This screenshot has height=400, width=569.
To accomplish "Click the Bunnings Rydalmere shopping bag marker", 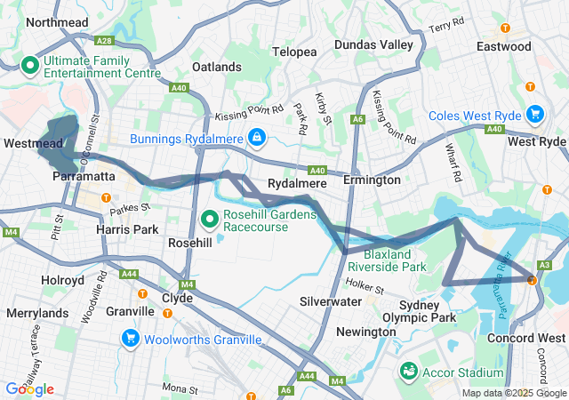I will point(256,137).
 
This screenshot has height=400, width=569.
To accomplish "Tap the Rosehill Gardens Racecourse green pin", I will point(210,218).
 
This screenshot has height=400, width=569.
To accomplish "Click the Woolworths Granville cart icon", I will point(130,340).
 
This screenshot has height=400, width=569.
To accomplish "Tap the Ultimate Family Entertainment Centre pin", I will point(28,65).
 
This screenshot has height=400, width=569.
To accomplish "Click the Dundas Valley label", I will point(373,44).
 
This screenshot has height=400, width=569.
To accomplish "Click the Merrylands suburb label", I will point(36,313).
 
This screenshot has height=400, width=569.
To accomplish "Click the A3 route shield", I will point(545,265).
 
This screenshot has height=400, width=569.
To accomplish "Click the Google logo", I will point(29,388).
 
